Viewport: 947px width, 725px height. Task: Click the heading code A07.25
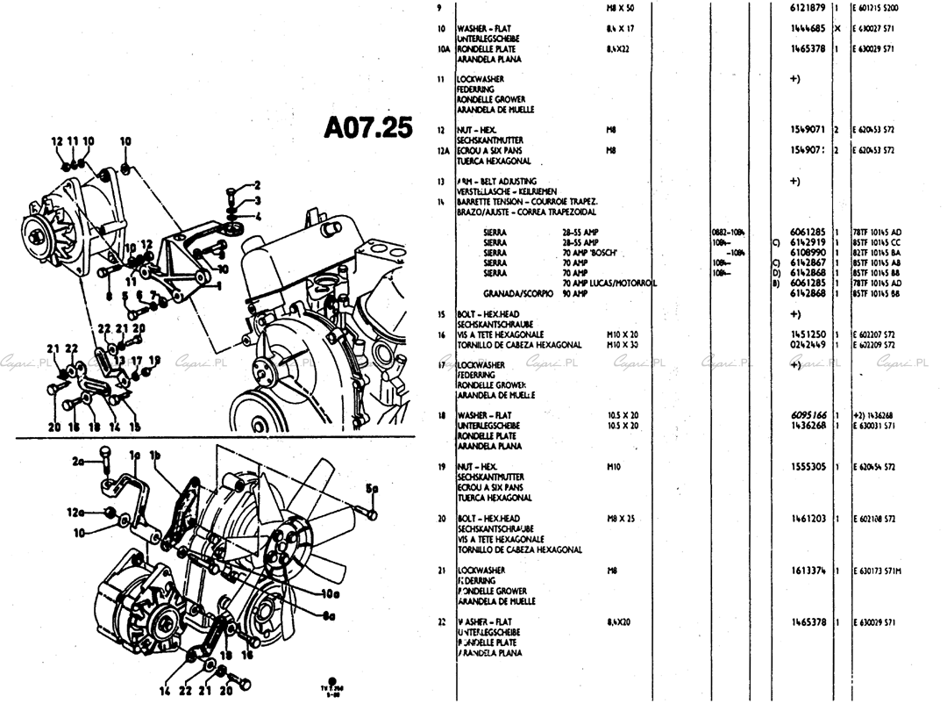coord(367,129)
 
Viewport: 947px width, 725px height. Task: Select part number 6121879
coord(808,8)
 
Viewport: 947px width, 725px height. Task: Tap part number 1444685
coord(808,29)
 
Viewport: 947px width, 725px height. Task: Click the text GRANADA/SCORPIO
coord(516,293)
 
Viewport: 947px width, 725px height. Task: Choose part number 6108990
coord(808,252)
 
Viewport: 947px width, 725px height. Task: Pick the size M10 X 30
coord(622,345)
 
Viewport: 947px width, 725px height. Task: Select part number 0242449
coord(808,345)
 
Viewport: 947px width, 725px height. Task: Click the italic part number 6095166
coord(808,415)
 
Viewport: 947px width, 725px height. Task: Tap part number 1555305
coord(808,467)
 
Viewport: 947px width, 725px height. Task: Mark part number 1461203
coord(808,519)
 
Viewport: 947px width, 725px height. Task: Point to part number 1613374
coord(808,571)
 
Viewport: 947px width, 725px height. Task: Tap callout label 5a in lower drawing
coord(372,490)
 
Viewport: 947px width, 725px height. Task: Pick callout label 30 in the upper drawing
coord(223,269)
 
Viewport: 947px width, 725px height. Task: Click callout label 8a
coord(327,615)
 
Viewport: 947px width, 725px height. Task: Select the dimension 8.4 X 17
coord(619,29)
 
